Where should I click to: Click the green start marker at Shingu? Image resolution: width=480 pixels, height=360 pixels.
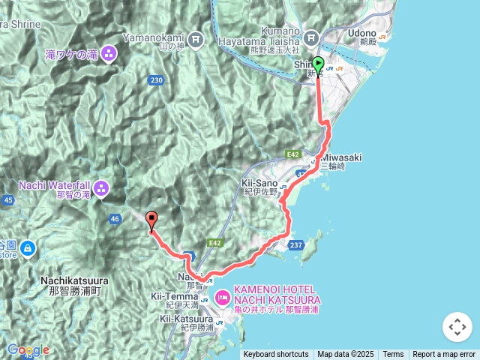tap(318, 65)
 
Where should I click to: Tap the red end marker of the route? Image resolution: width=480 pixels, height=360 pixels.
tap(152, 220)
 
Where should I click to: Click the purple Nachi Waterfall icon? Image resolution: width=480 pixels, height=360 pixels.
tap(101, 187)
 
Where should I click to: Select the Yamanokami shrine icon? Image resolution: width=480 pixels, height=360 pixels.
tap(196, 37)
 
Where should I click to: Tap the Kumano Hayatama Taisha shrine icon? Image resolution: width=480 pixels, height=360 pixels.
tap(311, 37)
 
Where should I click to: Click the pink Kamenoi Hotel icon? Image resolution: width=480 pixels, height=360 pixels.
tap(223, 298)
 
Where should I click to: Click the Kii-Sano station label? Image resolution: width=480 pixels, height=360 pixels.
tap(259, 183)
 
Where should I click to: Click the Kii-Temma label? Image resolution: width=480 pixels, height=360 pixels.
tap(175, 297)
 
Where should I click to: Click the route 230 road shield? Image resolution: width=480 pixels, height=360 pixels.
tap(156, 80)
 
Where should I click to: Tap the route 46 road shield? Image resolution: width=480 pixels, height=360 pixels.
tap(115, 219)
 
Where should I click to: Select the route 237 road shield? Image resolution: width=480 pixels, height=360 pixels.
tap(295, 244)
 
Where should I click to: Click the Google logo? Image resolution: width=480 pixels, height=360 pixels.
tap(28, 349)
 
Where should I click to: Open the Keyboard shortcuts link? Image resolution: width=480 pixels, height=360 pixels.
tap(275, 355)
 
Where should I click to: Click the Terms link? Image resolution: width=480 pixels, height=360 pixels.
tap(393, 355)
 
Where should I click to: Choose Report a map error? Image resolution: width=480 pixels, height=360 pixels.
tap(445, 355)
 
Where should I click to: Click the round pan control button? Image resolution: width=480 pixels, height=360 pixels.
tap(457, 327)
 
